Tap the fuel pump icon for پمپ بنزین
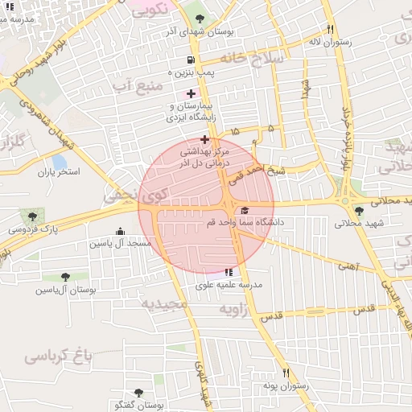point(190,60)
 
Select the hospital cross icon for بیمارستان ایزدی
point(190,94)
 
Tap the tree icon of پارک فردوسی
point(31,216)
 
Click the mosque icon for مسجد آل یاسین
point(120,232)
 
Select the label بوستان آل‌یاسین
point(60,289)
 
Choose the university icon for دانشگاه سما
point(245,211)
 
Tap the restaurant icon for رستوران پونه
point(286,373)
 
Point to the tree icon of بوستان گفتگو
point(138,393)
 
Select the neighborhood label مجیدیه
point(164,304)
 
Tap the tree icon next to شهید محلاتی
point(359,211)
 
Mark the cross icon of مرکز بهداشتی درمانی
point(204,139)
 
